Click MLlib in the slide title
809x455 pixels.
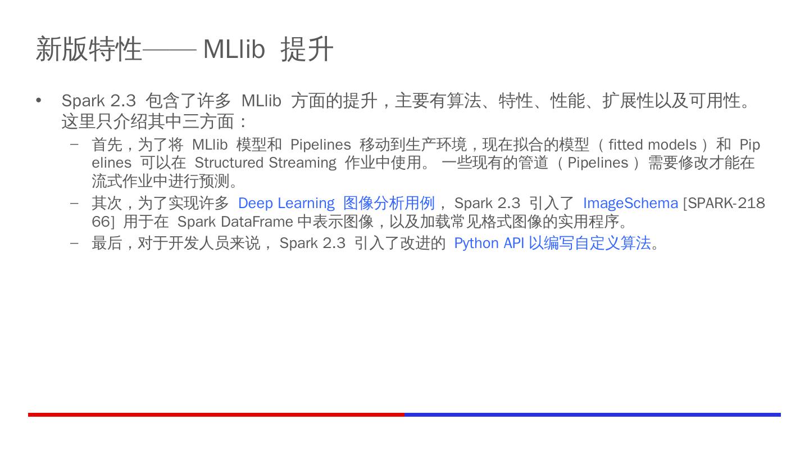(233, 49)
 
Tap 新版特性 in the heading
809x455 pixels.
(89, 49)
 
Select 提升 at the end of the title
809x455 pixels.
(307, 49)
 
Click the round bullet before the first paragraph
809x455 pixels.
(39, 101)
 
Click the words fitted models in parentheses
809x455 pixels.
(652, 145)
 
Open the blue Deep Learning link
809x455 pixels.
(286, 203)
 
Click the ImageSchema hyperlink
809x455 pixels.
(630, 203)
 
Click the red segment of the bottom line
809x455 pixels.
(216, 415)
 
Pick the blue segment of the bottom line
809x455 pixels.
(592, 415)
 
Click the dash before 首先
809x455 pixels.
(74, 145)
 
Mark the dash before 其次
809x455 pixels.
(74, 203)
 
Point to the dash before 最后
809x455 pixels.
(74, 243)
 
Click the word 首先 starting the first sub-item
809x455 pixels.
(107, 145)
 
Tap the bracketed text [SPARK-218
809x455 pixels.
(724, 203)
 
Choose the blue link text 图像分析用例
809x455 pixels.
(389, 203)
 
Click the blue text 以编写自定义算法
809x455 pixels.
(589, 243)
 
